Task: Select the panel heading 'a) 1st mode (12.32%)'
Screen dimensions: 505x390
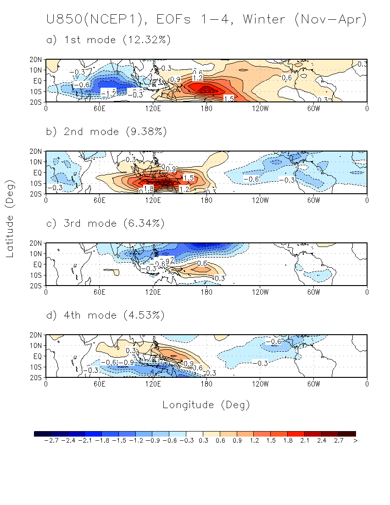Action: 109,40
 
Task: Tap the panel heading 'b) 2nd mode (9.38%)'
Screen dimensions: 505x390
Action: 107,132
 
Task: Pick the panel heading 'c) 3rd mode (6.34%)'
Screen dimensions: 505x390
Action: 107,224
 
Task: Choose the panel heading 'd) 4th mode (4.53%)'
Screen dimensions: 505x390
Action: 107,315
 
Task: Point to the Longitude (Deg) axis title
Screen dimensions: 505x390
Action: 206,404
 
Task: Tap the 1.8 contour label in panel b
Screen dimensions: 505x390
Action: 148,189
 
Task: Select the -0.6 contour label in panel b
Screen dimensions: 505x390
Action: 251,179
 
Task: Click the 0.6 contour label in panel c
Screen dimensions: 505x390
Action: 202,263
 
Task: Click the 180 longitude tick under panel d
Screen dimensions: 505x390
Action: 206,383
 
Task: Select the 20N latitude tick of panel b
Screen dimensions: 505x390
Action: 37,151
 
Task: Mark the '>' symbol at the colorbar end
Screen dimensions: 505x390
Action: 356,441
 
